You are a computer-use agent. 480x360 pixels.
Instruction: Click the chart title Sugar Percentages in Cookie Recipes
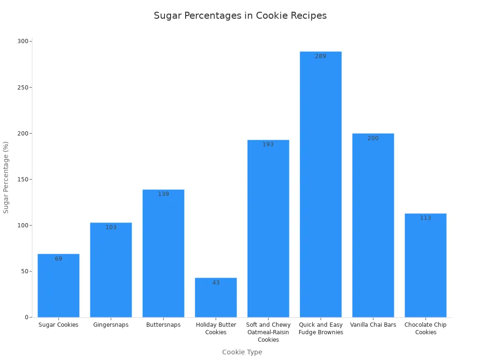coord(240,15)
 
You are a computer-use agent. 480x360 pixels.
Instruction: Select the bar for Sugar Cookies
coord(59,286)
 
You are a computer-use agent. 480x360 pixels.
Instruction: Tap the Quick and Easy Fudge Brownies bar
coord(321,187)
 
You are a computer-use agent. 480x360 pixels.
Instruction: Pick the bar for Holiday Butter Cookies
coord(216,300)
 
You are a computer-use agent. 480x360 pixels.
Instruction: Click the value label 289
coord(321,56)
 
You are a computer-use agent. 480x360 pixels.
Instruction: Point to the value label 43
coord(216,283)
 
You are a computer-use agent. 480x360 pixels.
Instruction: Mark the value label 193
coord(268,144)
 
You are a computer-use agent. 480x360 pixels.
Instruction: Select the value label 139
coord(163,194)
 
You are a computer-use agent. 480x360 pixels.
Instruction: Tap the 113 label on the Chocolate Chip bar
coord(426,218)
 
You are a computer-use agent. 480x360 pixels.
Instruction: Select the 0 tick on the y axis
coord(27,317)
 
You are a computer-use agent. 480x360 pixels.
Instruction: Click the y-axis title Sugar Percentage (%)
coord(6,177)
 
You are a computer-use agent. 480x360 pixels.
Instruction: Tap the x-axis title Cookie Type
coord(242,352)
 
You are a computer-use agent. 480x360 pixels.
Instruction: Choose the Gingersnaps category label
coord(111,325)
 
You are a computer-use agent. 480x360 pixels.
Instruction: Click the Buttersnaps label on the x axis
coord(163,325)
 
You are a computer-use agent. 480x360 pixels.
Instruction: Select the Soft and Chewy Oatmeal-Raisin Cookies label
coord(268,332)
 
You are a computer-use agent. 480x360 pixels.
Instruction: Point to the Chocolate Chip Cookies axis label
coord(426,329)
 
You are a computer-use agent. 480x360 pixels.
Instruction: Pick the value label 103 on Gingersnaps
coord(111,227)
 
